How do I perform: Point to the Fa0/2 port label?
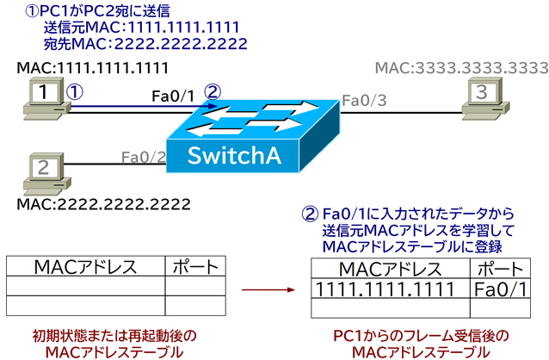pos(143,157)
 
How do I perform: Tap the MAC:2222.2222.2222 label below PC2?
pos(104,203)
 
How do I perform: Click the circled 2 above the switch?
pos(213,89)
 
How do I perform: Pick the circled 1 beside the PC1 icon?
pos(75,89)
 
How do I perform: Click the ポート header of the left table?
pos(195,266)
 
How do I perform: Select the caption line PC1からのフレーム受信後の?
pos(419,334)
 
